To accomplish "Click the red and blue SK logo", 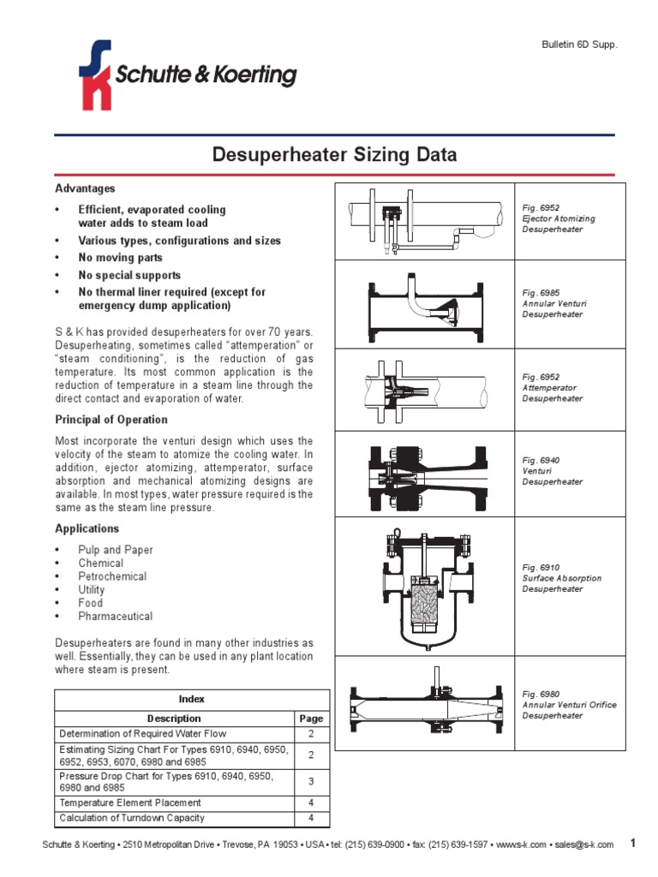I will (94, 75).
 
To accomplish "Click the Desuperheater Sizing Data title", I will (334, 155).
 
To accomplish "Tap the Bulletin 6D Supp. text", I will (581, 44).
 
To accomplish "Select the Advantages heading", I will (85, 188).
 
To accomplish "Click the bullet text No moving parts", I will (120, 258).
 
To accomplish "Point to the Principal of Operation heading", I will (111, 420).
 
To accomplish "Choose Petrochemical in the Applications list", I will (112, 576).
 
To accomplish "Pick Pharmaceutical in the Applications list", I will (115, 616).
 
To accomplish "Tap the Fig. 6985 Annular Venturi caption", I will (554, 303).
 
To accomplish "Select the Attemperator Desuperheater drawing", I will (423, 391).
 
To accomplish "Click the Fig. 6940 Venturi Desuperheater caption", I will (553, 471).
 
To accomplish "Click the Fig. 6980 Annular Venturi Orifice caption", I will (569, 705).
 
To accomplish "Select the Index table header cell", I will (192, 699).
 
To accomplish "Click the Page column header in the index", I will (311, 719).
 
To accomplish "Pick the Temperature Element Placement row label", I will (129, 802).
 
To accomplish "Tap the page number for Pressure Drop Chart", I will (311, 782).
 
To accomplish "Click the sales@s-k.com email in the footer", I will (583, 844).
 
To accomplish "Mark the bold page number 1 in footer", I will (633, 844).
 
